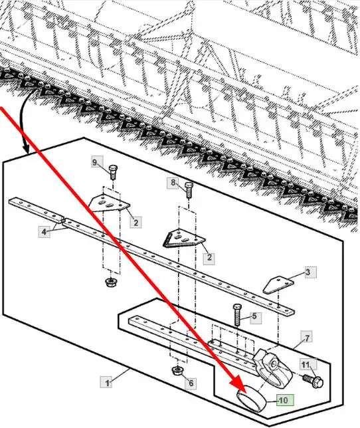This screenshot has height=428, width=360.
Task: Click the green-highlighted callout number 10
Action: (x=285, y=400)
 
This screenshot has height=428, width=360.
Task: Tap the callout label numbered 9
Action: (x=97, y=161)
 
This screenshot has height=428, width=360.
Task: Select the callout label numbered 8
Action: (x=173, y=183)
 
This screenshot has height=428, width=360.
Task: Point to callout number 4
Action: (x=45, y=232)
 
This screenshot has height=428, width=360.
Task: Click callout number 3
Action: (x=311, y=272)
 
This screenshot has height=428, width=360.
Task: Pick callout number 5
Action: (x=256, y=317)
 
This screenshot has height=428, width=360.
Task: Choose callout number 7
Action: (x=307, y=336)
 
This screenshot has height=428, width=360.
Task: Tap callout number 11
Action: (x=308, y=365)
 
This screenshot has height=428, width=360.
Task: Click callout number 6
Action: (x=191, y=383)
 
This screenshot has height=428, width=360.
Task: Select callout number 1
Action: (x=106, y=382)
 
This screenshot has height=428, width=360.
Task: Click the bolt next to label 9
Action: (x=113, y=172)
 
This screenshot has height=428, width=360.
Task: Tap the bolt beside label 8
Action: (x=189, y=190)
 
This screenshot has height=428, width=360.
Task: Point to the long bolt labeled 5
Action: (x=236, y=315)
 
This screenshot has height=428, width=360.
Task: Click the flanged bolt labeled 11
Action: (x=314, y=381)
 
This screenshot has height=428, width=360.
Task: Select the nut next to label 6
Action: (x=177, y=371)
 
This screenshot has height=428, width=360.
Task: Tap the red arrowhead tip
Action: (x=246, y=393)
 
